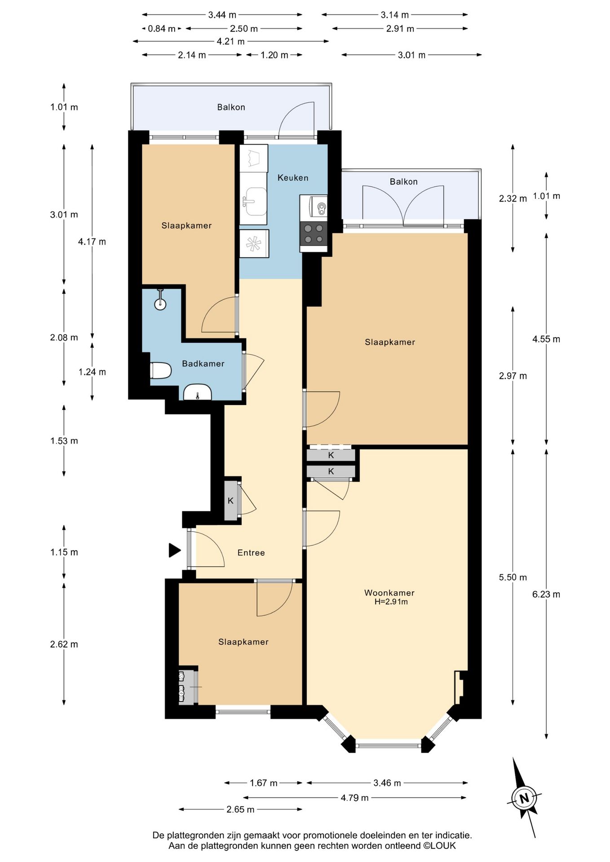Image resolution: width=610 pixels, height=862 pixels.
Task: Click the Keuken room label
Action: pos(293,178)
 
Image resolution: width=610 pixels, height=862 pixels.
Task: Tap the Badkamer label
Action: pos(203,364)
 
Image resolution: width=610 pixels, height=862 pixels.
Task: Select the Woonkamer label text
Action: pos(389,593)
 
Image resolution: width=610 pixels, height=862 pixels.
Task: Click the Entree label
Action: pos(251,553)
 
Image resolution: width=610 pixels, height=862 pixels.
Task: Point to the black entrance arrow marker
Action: pos(174,550)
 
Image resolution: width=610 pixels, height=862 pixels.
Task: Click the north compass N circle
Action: pos(524,798)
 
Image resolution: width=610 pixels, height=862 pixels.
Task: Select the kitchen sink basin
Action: pos(255,201)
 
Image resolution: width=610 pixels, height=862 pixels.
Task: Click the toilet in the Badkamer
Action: pos(160,371)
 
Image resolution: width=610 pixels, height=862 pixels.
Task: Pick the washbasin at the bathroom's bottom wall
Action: pos(198,392)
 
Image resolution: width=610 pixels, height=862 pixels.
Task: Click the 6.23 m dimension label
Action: pos(546,594)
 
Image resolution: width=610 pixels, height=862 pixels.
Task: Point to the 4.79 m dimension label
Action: pos(354,797)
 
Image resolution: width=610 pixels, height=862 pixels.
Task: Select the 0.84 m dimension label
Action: pos(162,29)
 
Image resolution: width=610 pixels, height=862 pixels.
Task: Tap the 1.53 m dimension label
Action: pos(64,441)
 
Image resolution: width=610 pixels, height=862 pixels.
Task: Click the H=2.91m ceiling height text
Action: pos(391,602)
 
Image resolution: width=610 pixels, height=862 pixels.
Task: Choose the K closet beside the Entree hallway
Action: pos(230,501)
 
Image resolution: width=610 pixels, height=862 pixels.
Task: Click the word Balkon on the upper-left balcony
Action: pos(231,107)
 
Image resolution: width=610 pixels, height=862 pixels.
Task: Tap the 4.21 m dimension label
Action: pos(231,42)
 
